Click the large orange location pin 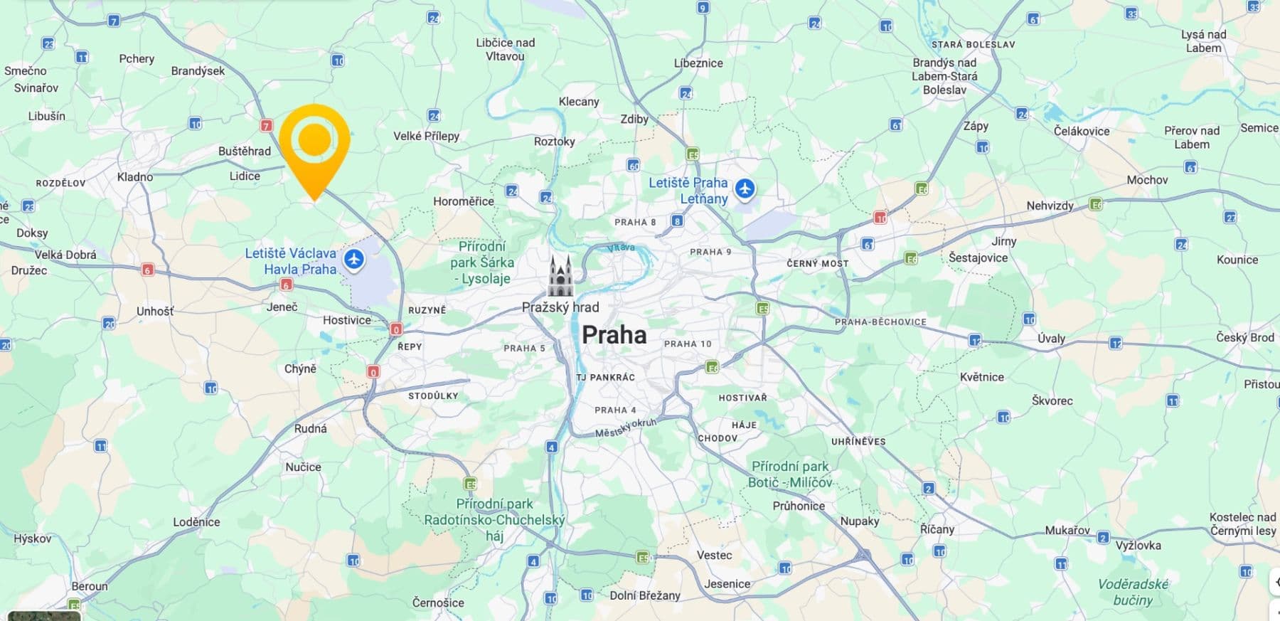click(x=314, y=142)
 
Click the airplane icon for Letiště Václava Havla click(x=354, y=260)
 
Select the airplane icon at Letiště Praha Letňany click(x=745, y=189)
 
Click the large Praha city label click(x=614, y=335)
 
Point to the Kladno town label click(x=134, y=176)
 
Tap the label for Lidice click(x=245, y=176)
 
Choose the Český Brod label click(x=1244, y=337)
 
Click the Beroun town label click(x=90, y=586)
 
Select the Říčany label click(x=937, y=529)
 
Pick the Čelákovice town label click(x=1082, y=131)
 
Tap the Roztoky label click(x=554, y=142)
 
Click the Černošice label click(x=438, y=603)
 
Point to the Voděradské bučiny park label click(x=1133, y=592)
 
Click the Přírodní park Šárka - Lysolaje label click(x=482, y=262)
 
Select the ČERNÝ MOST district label click(x=817, y=263)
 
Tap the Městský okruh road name click(x=625, y=428)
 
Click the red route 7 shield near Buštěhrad click(x=266, y=126)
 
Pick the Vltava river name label click(x=621, y=248)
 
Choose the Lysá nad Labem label click(x=1203, y=41)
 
